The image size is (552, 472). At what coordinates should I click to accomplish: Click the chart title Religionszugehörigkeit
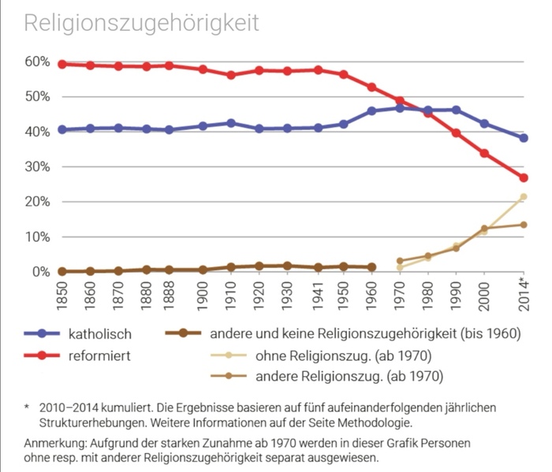(141, 23)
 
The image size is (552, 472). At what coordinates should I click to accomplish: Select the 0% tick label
(42, 272)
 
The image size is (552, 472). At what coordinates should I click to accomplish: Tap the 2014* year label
(524, 293)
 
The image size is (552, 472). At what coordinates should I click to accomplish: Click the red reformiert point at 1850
(62, 64)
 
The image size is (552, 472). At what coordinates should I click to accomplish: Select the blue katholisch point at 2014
(524, 138)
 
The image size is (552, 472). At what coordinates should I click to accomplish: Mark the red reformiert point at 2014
(524, 178)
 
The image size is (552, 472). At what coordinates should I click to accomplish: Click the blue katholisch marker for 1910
(230, 123)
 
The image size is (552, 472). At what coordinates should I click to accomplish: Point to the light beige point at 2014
(524, 197)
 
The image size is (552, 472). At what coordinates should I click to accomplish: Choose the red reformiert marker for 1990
(456, 133)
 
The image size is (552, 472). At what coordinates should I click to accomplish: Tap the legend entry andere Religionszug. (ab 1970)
(347, 377)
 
